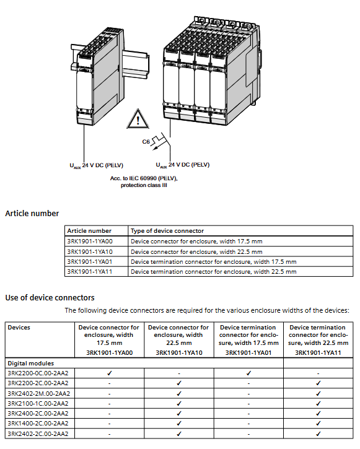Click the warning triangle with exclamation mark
point(138,119)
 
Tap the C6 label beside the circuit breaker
point(146,141)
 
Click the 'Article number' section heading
point(32,213)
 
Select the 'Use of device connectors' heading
point(50,297)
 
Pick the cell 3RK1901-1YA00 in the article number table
point(90,241)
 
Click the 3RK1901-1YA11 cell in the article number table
point(90,271)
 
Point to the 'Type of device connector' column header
point(167,231)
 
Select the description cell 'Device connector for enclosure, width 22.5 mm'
point(196,251)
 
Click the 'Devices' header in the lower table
point(19,327)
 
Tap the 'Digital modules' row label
point(30,363)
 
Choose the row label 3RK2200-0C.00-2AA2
point(38,373)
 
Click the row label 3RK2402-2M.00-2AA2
point(39,393)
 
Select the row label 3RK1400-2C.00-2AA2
point(38,423)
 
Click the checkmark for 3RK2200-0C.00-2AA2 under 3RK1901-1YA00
point(110,373)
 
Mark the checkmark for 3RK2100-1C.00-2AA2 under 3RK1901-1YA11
point(318,403)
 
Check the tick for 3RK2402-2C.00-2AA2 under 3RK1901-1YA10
point(179,434)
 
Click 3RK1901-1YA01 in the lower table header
point(248,352)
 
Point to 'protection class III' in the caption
point(144,185)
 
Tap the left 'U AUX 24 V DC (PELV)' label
point(96,165)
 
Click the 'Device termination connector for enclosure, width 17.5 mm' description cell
point(213,261)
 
